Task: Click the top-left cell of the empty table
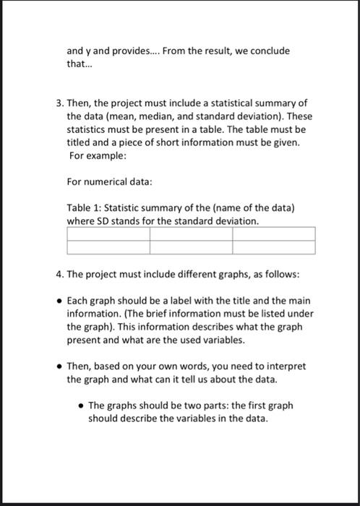point(108,234)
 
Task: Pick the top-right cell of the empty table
point(274,234)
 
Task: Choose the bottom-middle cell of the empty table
point(192,247)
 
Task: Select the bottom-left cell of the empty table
point(108,247)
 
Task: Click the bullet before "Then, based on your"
point(58,366)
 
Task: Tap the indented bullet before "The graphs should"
point(81,406)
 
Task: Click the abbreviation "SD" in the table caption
point(103,220)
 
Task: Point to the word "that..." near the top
point(76,64)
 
